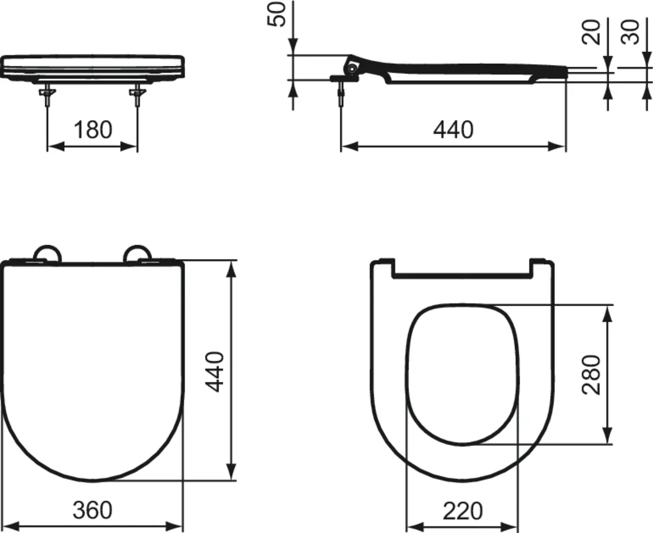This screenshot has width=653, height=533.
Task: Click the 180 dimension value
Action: pos(92,130)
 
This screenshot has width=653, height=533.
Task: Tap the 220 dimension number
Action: pos(462,511)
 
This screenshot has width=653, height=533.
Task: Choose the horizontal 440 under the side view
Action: pos(453,129)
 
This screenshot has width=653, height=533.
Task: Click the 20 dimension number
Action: pos(592,32)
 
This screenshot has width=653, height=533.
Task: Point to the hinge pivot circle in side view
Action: pos(353,69)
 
